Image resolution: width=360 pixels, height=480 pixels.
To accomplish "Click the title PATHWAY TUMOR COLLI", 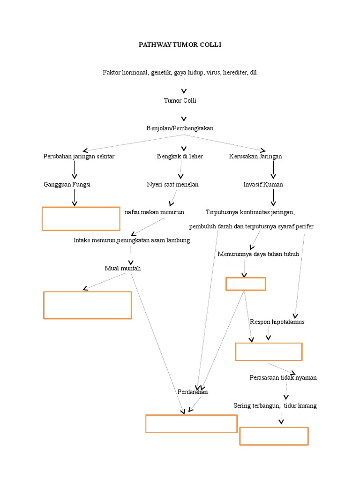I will coord(180,45).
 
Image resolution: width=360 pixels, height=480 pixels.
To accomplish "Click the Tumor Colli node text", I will coord(180,101).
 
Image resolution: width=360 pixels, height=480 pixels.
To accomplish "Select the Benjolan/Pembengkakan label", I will coord(180,128).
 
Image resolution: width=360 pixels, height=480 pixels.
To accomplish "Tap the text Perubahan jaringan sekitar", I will coord(79,157).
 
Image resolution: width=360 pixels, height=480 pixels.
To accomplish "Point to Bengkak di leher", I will coord(180,157).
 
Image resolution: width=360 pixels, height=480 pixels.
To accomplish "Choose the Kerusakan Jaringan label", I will coord(255,157).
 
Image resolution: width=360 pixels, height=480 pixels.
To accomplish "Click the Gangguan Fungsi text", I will coord(67,185).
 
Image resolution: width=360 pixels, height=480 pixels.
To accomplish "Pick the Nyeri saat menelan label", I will coord(172,185).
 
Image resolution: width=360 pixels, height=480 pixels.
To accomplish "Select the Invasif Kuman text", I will coord(263,185).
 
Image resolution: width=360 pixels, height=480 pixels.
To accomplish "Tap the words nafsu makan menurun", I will coord(154,212).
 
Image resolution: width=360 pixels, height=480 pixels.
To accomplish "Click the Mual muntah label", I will coord(123,269).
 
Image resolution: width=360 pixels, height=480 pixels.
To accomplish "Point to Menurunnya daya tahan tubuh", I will coord(258,254).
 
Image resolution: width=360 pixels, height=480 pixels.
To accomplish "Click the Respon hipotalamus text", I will coord(277,322).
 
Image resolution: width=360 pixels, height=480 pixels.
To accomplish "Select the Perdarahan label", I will coord(192,392).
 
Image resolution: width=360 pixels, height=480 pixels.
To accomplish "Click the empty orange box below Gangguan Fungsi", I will coord(81,218).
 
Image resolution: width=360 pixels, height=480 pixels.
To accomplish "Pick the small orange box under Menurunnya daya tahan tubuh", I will coord(246,284).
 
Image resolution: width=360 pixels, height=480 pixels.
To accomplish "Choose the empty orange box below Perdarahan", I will coord(191,424).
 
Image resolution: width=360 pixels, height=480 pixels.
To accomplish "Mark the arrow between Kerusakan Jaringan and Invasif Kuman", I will coord(273,170).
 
